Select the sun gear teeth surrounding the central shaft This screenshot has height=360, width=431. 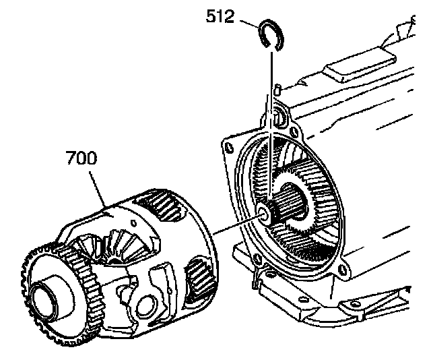tap(296, 202)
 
